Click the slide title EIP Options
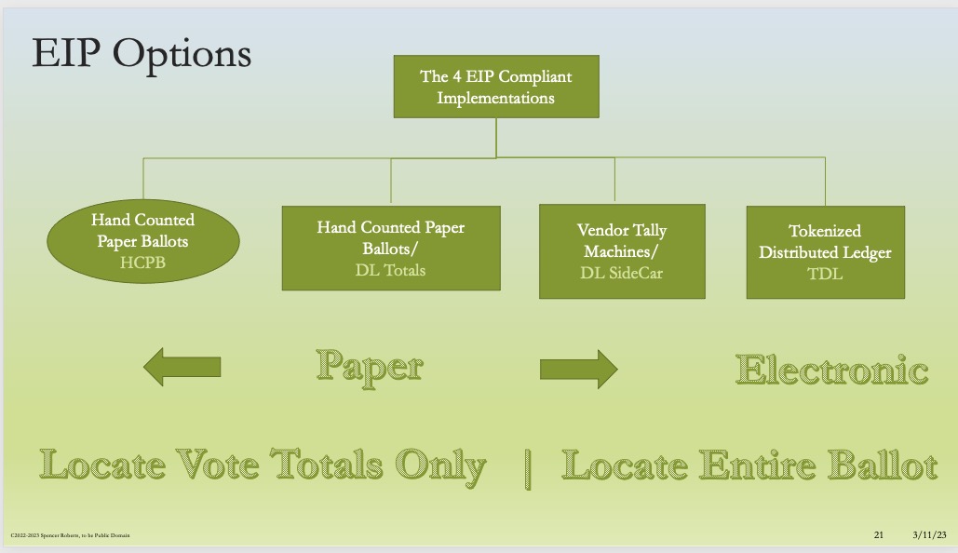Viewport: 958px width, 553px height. (142, 54)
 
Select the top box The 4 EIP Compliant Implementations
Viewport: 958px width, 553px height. (495, 87)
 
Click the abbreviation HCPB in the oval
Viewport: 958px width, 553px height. (142, 263)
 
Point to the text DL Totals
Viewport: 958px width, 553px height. (390, 270)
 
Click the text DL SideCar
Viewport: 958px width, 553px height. (621, 273)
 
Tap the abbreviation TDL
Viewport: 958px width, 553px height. (825, 274)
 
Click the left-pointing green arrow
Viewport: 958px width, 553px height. (182, 368)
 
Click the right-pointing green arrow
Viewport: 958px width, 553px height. (578, 369)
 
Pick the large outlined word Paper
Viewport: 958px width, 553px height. (369, 366)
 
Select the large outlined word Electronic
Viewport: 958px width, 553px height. (832, 370)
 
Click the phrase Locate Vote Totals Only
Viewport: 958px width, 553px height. (263, 465)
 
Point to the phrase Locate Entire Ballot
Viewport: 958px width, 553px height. (749, 465)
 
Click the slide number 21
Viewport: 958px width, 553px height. (878, 534)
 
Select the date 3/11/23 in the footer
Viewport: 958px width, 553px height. (929, 534)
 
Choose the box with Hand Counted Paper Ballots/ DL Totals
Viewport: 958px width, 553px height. (390, 248)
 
